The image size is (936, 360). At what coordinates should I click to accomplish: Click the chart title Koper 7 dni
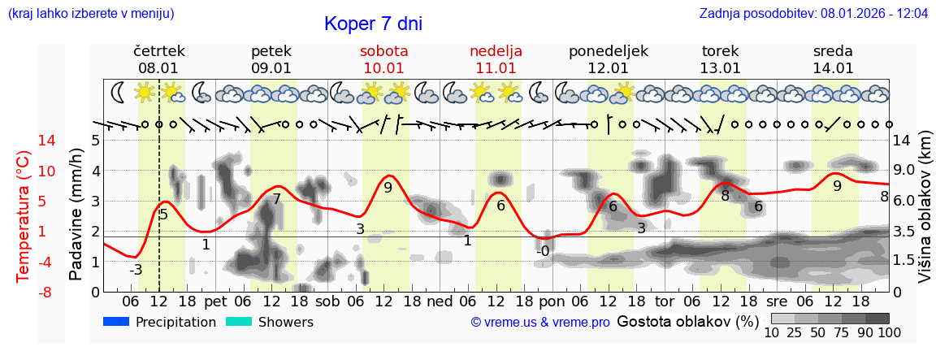(x=373, y=24)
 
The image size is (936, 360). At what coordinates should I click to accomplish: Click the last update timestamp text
(x=813, y=14)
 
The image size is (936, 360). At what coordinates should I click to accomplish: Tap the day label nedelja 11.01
(x=496, y=59)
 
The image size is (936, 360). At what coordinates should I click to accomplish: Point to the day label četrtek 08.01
(x=158, y=59)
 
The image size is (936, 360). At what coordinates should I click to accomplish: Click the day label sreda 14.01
(x=833, y=59)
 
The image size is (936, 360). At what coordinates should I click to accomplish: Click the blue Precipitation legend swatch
(x=116, y=322)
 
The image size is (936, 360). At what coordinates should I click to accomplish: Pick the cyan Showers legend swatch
(x=239, y=322)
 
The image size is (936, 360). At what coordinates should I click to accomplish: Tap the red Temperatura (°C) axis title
(x=23, y=216)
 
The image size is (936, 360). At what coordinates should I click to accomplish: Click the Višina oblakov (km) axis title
(x=925, y=216)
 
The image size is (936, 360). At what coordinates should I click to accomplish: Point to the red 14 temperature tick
(x=24, y=141)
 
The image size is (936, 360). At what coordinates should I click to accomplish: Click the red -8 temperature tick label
(x=24, y=292)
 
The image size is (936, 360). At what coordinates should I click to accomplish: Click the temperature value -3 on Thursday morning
(x=136, y=270)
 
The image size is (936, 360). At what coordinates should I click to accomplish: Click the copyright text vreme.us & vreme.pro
(x=540, y=323)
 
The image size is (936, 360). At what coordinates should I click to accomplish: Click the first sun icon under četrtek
(x=145, y=93)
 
